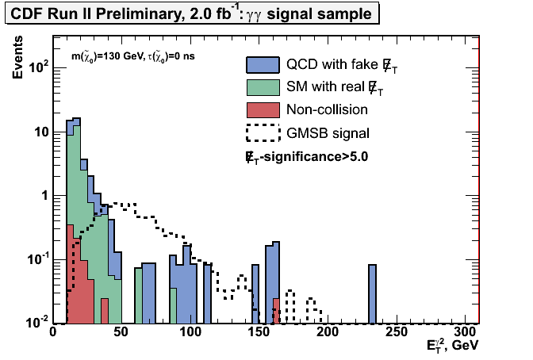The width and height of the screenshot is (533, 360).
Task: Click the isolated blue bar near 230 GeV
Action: pos(372,293)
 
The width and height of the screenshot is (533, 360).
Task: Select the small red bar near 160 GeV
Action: pos(275,311)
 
